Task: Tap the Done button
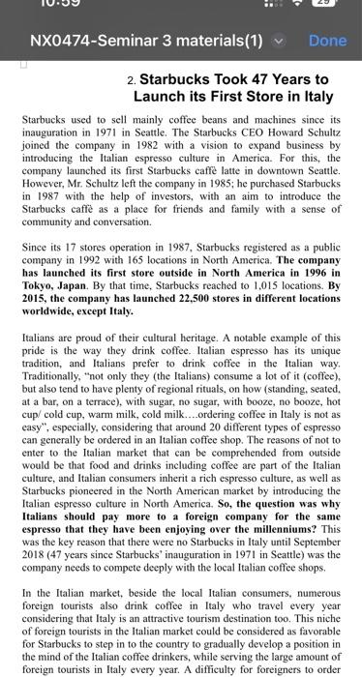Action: point(326,41)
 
